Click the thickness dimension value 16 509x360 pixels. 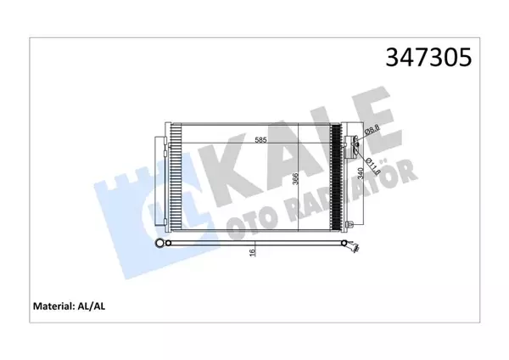pyautogui.click(x=251, y=254)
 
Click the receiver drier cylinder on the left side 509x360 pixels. pyautogui.click(x=159, y=178)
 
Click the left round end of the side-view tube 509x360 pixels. pyautogui.click(x=159, y=244)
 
